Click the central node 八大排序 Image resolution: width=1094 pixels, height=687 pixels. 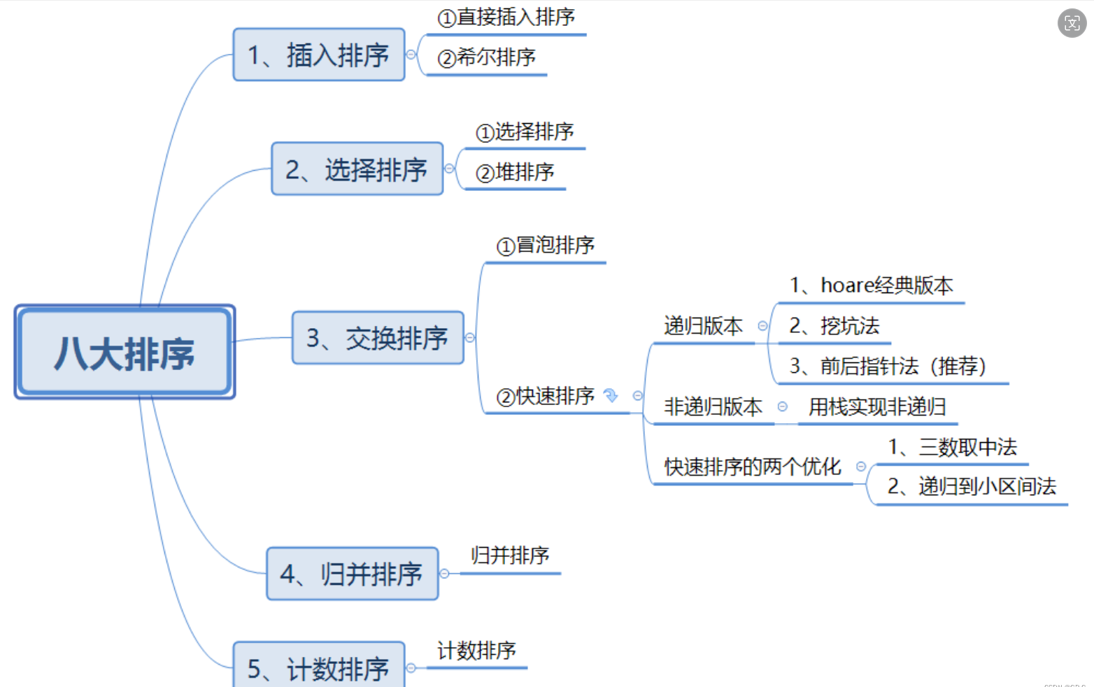[125, 352]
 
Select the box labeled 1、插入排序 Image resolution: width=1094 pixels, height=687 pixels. [319, 55]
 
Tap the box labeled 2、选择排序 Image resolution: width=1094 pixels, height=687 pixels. [357, 169]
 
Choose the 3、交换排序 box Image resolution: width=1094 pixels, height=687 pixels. [378, 338]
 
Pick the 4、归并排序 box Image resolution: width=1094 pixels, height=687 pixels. [353, 574]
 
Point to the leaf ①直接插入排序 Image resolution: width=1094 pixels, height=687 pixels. [506, 17]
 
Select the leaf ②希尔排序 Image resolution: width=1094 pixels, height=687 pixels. [486, 57]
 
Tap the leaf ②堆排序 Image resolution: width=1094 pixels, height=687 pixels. [515, 172]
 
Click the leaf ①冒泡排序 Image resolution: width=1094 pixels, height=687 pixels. [545, 246]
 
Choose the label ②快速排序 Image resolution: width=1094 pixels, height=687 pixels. [546, 397]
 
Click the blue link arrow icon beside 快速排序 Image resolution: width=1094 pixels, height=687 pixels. [611, 396]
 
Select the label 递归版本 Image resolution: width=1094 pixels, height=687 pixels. [703, 326]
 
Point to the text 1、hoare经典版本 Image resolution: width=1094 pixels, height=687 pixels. [871, 285]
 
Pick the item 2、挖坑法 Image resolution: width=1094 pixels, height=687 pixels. [834, 326]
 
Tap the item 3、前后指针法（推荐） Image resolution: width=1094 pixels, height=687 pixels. [887, 366]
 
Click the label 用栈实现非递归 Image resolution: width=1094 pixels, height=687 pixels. [877, 406]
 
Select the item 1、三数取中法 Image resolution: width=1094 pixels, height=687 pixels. [952, 447]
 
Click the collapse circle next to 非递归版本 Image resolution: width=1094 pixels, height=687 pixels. [783, 406]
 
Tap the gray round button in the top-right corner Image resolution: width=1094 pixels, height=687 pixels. [1072, 23]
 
